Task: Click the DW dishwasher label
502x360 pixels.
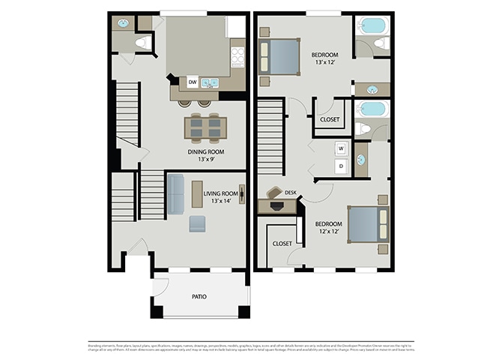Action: click(193, 82)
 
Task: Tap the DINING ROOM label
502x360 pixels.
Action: click(206, 151)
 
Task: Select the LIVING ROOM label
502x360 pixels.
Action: click(220, 193)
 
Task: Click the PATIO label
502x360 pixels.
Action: click(199, 297)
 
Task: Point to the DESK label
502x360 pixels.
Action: click(291, 193)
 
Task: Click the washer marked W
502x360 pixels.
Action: click(340, 148)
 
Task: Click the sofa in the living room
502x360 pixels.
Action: click(175, 194)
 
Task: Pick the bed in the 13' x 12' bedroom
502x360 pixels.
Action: click(280, 57)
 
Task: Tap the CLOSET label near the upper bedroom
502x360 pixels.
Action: click(330, 120)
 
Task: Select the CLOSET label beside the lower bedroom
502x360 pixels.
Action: click(282, 244)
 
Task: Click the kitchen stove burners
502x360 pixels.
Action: click(238, 57)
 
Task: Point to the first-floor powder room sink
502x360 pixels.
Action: click(123, 23)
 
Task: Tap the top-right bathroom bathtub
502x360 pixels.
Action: click(372, 25)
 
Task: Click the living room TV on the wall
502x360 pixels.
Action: click(241, 193)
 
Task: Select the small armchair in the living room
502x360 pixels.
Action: click(198, 223)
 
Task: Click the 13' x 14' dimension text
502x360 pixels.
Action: click(220, 201)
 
